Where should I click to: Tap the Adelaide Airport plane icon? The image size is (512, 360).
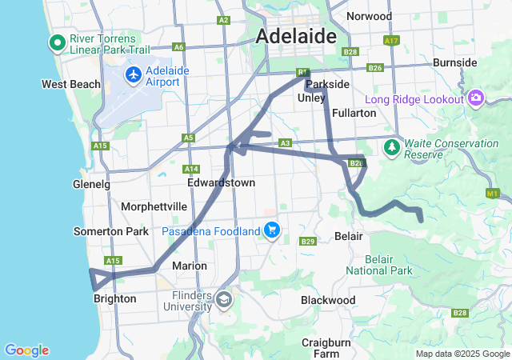[133, 75]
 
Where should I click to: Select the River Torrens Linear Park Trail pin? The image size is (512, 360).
[57, 42]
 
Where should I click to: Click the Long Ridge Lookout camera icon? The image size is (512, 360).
[476, 98]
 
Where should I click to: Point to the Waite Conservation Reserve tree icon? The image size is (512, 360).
[391, 147]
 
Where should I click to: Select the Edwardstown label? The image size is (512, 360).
[221, 183]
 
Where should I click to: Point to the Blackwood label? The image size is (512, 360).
[328, 300]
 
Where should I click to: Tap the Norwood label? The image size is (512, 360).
[369, 16]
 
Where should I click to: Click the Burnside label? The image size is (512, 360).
[454, 62]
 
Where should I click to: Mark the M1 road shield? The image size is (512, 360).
[492, 193]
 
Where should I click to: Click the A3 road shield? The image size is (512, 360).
[285, 143]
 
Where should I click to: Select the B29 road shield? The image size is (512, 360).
[308, 241]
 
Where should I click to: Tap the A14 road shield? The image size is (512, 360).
[191, 169]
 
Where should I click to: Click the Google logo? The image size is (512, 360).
[26, 350]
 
